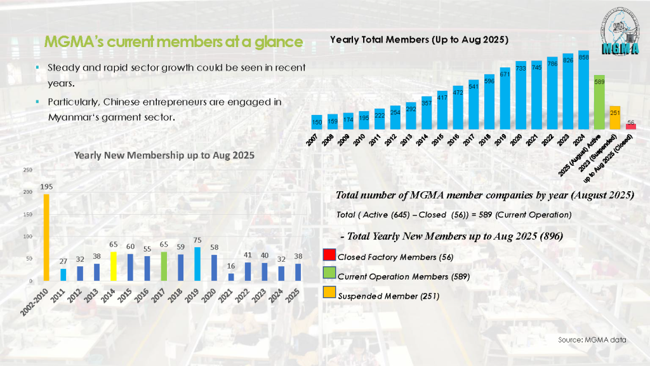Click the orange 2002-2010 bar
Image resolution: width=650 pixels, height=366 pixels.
(x=46, y=237)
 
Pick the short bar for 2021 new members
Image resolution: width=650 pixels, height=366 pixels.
(x=230, y=277)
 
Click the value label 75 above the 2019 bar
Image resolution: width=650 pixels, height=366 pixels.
(x=197, y=241)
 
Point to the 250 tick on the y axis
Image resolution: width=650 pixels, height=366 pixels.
(x=28, y=170)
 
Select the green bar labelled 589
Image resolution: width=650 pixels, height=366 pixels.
(x=599, y=102)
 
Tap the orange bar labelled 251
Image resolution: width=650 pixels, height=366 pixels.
(x=614, y=118)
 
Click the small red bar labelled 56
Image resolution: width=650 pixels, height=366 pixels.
(x=630, y=126)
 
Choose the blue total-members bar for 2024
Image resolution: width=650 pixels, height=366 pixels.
(x=583, y=90)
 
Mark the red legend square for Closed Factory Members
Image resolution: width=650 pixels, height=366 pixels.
(x=329, y=257)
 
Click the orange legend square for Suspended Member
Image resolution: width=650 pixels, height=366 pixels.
(x=329, y=295)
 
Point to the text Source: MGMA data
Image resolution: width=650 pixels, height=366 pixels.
(x=592, y=340)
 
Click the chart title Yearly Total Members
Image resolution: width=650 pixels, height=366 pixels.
(x=419, y=39)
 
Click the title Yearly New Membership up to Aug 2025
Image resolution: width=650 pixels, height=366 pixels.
(x=164, y=154)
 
